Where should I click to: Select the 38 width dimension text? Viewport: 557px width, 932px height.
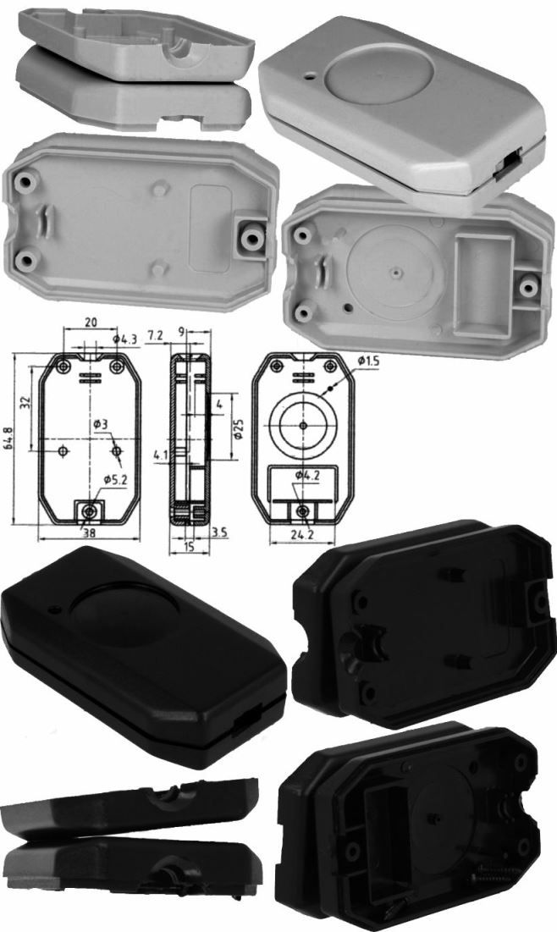[89, 532]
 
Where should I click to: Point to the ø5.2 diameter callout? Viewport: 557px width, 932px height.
[115, 480]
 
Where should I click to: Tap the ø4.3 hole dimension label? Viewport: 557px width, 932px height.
[124, 339]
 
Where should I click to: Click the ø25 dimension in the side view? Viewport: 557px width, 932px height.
[238, 428]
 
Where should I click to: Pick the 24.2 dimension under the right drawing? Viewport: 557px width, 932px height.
[302, 534]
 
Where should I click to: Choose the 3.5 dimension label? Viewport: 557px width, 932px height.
[219, 532]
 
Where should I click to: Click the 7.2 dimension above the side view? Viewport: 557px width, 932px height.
[155, 336]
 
